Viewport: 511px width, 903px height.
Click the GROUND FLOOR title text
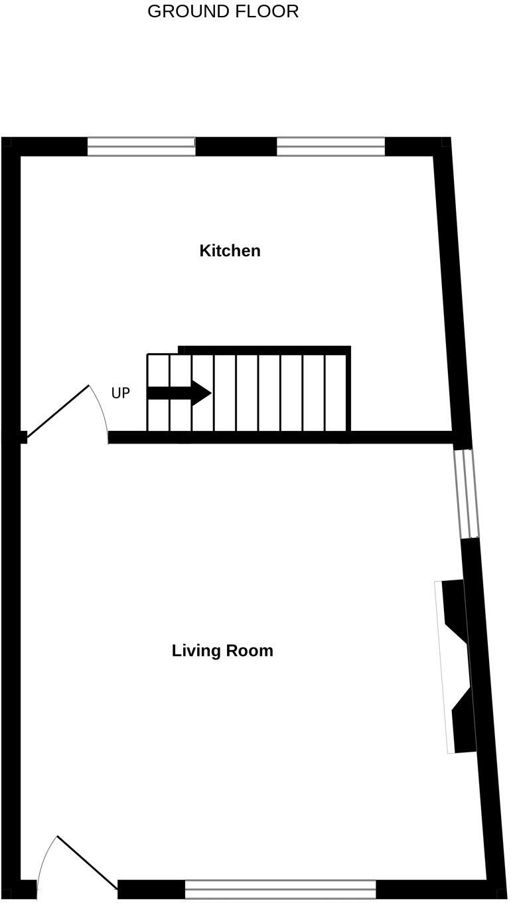(223, 11)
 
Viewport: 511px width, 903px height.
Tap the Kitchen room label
(230, 251)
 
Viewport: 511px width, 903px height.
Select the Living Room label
(222, 651)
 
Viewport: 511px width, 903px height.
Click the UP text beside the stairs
(120, 393)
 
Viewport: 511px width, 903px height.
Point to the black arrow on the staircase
(179, 393)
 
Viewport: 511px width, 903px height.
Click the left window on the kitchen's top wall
(141, 146)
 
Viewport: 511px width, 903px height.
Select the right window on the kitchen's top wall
(330, 146)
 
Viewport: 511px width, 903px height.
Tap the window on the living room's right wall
(466, 493)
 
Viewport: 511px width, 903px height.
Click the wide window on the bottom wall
(280, 889)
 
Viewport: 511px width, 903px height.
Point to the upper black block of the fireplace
(455, 608)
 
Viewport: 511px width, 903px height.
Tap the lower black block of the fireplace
(464, 724)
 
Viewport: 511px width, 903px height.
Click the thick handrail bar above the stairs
(264, 350)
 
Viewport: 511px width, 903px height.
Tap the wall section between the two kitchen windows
(236, 146)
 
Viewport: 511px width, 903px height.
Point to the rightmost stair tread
(336, 393)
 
